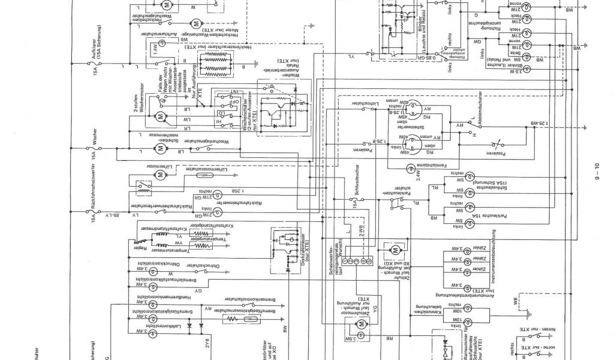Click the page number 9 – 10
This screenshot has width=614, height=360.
click(x=597, y=174)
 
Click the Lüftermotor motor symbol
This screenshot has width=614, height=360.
click(x=160, y=175)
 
